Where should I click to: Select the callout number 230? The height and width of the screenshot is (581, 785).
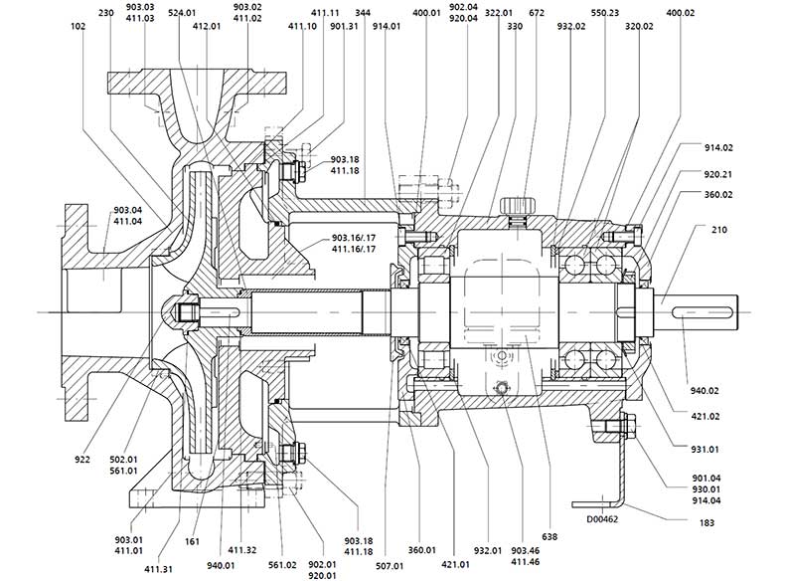tap(107, 13)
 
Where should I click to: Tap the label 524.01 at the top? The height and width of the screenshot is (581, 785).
tap(182, 13)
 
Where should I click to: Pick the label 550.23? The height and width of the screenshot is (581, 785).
tap(604, 13)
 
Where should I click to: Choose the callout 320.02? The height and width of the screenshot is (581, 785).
tap(638, 31)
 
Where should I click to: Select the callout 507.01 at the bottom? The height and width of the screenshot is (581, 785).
tap(389, 566)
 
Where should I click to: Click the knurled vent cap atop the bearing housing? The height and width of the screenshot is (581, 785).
tap(518, 205)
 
